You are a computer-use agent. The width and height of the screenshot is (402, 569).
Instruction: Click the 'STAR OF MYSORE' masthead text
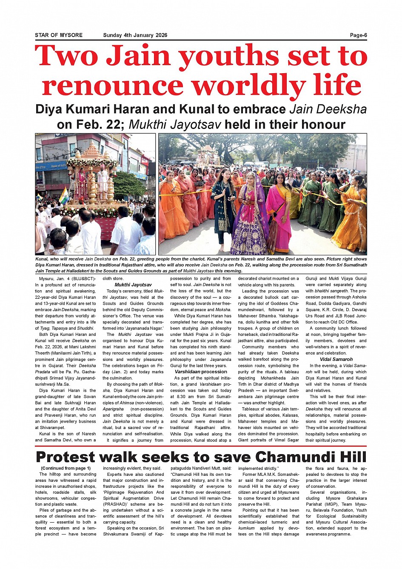coord(59,35)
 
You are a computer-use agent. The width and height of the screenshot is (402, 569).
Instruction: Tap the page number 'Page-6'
coord(358,35)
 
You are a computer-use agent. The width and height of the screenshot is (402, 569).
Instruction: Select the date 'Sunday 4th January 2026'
coord(135,35)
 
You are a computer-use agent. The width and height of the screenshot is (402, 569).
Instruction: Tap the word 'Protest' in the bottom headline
coord(66,457)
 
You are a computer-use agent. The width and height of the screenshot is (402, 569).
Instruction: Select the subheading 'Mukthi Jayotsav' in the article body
coord(133,285)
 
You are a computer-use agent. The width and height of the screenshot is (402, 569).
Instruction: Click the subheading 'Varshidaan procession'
coord(201,372)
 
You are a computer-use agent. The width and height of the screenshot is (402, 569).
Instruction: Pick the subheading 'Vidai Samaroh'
coord(336,359)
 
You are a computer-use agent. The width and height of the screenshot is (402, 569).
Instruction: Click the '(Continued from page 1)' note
coord(66,468)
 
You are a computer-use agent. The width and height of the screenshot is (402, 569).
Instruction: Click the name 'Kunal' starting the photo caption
coord(42,259)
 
